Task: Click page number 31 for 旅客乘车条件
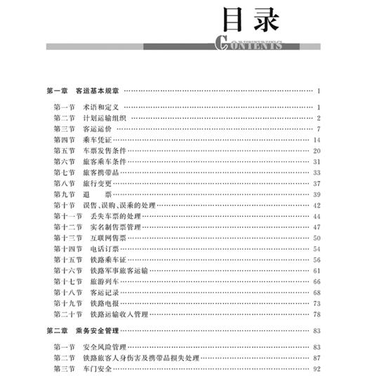click(x=316, y=161)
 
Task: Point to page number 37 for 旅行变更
click(x=316, y=183)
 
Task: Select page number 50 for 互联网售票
click(x=316, y=238)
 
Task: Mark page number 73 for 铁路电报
click(x=316, y=303)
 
